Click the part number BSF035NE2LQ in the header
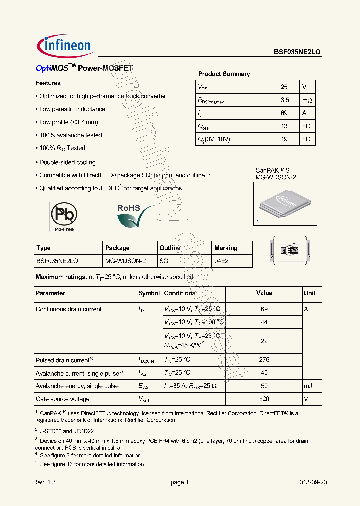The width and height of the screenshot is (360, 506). click(x=297, y=52)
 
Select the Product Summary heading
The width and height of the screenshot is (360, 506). click(x=224, y=74)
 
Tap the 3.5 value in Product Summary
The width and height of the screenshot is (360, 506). click(x=285, y=100)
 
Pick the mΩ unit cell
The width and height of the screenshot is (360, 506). click(x=307, y=100)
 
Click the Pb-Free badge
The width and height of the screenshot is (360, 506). click(x=64, y=216)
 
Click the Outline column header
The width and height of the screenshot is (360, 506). click(x=170, y=248)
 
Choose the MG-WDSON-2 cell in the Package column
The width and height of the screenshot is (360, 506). click(x=125, y=261)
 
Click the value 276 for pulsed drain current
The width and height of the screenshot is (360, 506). click(x=264, y=360)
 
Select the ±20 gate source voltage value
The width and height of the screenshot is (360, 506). click(x=264, y=399)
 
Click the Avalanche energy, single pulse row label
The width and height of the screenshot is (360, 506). click(x=77, y=386)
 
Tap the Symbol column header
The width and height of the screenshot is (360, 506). click(x=149, y=293)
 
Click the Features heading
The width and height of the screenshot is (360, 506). click(x=48, y=83)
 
